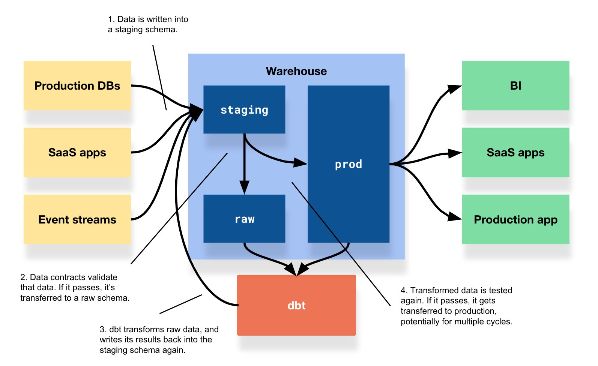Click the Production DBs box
(77, 85)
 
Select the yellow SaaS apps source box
(77, 152)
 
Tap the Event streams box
(77, 219)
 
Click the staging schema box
(244, 109)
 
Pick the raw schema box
(244, 219)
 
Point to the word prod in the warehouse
(348, 164)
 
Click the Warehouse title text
(296, 71)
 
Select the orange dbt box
(296, 305)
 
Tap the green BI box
(515, 85)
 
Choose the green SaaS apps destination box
(515, 152)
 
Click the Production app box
(515, 219)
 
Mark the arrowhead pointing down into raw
(244, 187)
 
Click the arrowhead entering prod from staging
(300, 163)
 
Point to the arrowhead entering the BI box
(455, 89)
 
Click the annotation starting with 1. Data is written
(148, 24)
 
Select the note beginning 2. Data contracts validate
(75, 288)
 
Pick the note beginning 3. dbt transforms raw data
(159, 340)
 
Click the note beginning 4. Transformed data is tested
(456, 306)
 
